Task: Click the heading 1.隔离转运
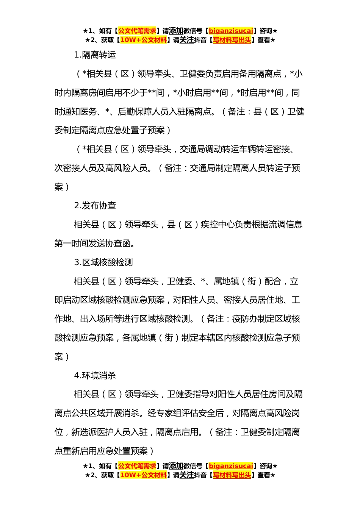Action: pyautogui.click(x=95, y=55)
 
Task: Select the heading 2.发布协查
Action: pyautogui.click(x=95, y=206)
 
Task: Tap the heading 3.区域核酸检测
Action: pyautogui.click(x=103, y=262)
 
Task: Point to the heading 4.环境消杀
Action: pyautogui.click(x=95, y=376)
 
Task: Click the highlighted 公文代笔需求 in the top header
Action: pyautogui.click(x=137, y=31)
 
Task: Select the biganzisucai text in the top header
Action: pyautogui.click(x=231, y=31)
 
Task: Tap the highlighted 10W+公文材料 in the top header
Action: pyautogui.click(x=143, y=40)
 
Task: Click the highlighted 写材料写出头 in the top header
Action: pyautogui.click(x=232, y=40)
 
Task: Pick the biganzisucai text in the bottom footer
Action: pyautogui.click(x=231, y=466)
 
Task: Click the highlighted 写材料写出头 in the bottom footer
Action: pyautogui.click(x=232, y=475)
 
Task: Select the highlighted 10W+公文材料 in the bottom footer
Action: pyautogui.click(x=143, y=475)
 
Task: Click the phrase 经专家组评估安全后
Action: pyautogui.click(x=186, y=413)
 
